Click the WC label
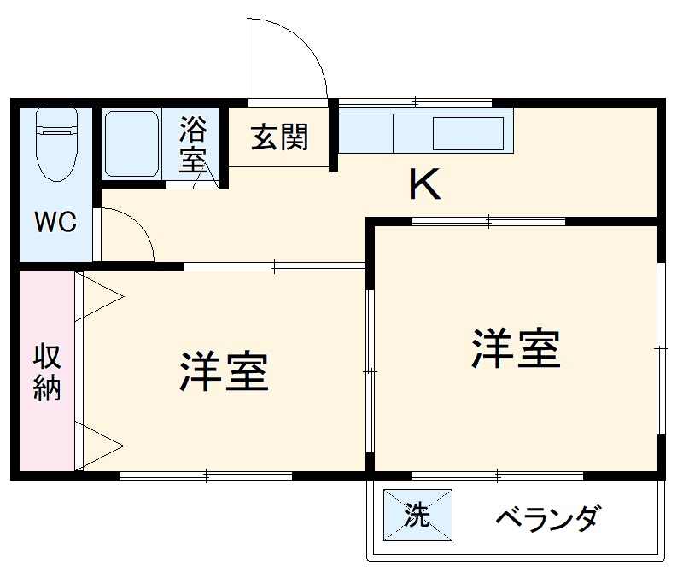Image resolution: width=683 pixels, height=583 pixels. [x=55, y=222]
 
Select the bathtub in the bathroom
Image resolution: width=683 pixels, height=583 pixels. [x=131, y=143]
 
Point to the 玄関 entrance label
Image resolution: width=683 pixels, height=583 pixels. [x=279, y=137]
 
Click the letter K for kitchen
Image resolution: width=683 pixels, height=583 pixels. [x=424, y=184]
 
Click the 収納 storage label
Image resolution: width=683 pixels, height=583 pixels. [x=47, y=373]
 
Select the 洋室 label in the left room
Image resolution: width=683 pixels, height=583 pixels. [x=225, y=371]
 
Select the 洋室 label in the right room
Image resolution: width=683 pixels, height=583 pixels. [x=517, y=348]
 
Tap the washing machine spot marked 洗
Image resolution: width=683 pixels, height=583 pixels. [x=417, y=515]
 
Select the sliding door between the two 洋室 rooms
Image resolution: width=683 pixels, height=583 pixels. [x=371, y=371]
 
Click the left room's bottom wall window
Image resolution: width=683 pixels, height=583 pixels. [x=207, y=475]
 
